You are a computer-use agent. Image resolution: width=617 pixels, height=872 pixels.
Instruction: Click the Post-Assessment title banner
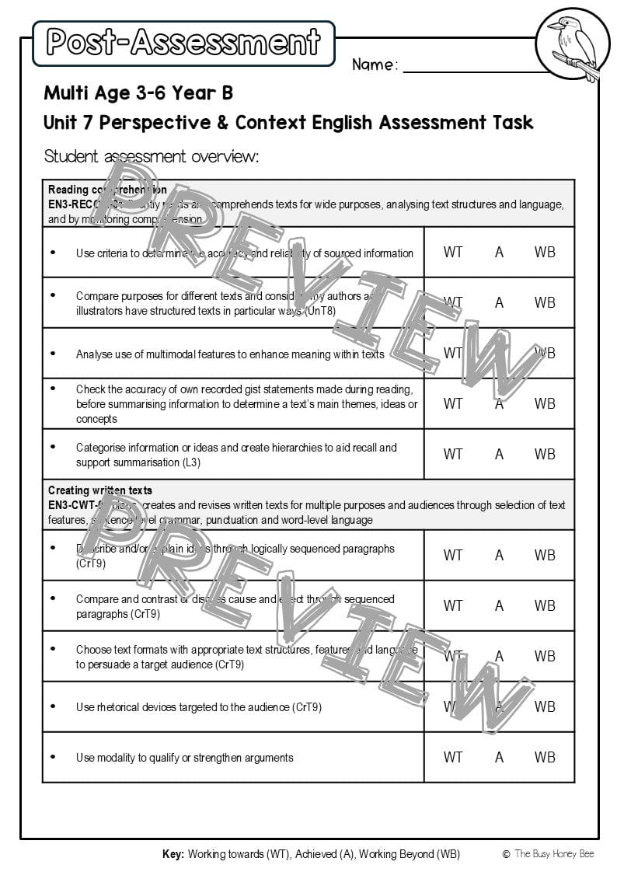click(183, 43)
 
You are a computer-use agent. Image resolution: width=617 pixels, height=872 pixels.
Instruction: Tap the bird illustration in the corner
click(572, 44)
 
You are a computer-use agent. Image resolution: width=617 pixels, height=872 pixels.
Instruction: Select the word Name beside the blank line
click(374, 65)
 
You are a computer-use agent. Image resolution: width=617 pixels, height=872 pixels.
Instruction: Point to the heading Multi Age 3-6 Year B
click(138, 93)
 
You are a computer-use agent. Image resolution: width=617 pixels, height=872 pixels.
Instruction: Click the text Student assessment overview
click(151, 156)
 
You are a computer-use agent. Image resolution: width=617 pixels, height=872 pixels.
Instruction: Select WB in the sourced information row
click(545, 252)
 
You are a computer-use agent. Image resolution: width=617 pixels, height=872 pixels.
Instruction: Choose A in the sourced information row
click(499, 252)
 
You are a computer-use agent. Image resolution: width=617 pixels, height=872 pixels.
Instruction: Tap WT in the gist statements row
click(452, 403)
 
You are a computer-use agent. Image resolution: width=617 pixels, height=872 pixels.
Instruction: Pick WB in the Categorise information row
click(545, 454)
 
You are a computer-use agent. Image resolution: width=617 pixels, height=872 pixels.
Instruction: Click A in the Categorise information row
click(499, 454)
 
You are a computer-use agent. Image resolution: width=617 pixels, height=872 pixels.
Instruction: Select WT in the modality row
click(452, 757)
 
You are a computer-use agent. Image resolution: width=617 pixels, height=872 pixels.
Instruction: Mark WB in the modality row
click(545, 757)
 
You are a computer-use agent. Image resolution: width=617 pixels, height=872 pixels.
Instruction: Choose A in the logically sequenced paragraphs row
click(499, 555)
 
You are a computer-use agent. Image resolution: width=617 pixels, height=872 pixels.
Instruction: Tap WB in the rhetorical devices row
click(545, 706)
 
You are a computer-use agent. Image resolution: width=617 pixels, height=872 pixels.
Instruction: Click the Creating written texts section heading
click(100, 490)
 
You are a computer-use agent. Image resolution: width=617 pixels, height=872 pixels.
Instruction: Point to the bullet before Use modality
click(53, 756)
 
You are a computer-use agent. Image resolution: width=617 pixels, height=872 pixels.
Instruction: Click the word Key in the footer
click(173, 854)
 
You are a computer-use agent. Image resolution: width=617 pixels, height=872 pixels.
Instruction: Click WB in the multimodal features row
click(545, 353)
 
